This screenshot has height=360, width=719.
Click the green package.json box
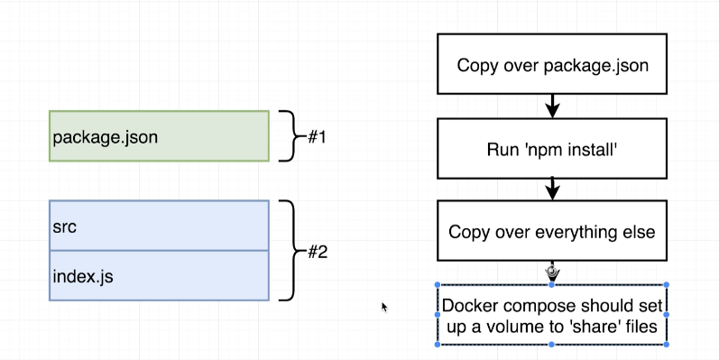pos(159,136)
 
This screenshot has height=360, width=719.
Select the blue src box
pos(159,226)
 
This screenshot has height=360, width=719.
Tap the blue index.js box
pos(159,275)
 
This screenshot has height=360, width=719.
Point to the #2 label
pos(316,252)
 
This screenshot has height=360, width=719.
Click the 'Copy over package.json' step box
pos(552,64)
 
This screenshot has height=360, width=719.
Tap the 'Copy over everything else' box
pos(552,232)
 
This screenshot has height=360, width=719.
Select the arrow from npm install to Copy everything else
pos(552,189)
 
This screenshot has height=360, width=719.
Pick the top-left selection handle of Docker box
pos(438,285)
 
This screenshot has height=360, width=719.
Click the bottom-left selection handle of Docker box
pos(438,344)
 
